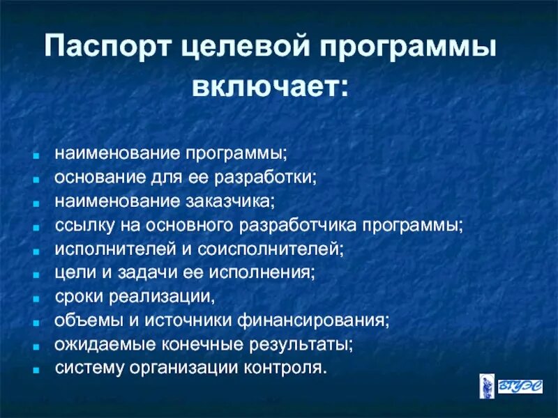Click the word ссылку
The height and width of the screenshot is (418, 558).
pos(81,226)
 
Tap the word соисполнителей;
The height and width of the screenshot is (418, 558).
pos(279,249)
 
